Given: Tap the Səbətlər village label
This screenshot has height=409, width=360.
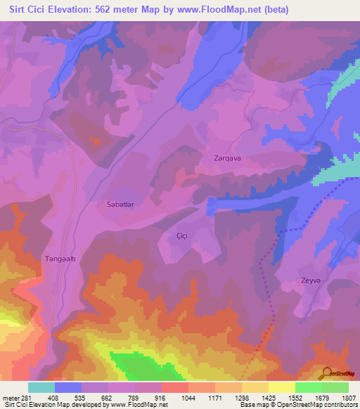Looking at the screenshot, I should click(111, 204).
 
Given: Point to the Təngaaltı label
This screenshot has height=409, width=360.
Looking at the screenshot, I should click(60, 259).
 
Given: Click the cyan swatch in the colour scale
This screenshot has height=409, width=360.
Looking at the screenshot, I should click(41, 387).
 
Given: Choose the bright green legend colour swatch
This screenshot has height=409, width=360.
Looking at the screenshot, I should click(308, 387).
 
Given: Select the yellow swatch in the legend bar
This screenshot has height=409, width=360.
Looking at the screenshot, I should click(281, 387).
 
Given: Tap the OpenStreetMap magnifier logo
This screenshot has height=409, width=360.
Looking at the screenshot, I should click(327, 372).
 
